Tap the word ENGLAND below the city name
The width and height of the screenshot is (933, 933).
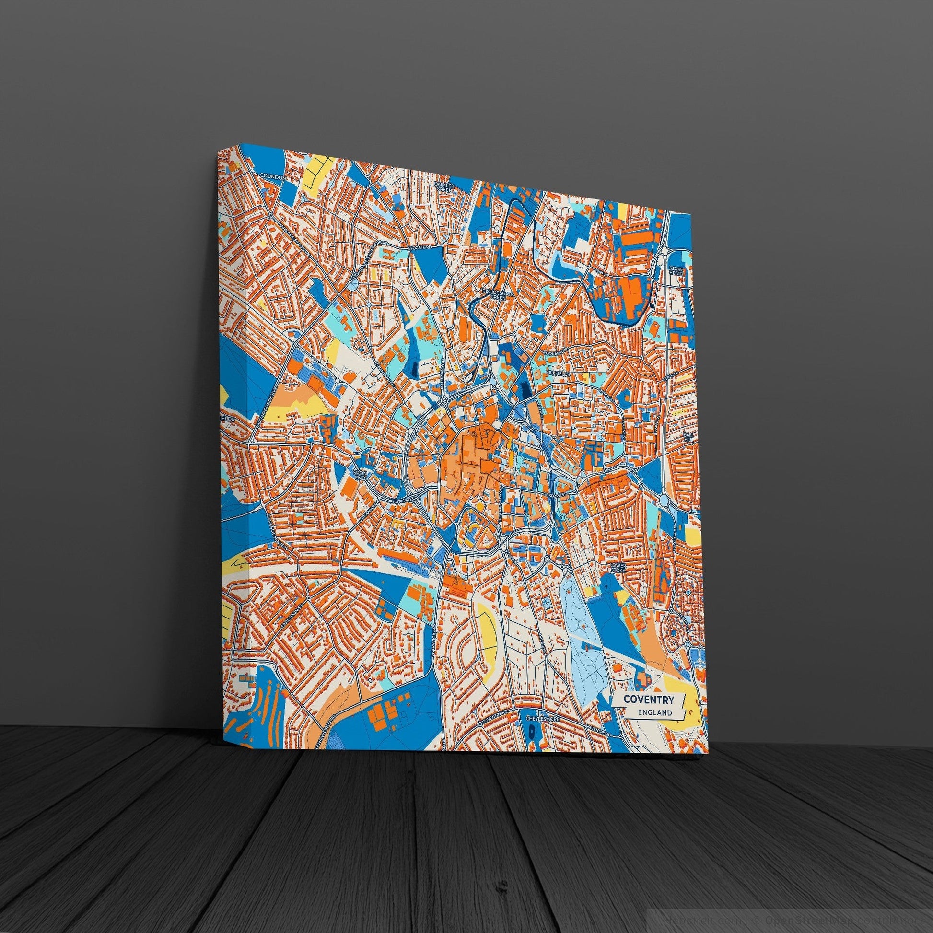pyautogui.click(x=654, y=713)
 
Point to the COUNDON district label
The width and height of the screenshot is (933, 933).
pyautogui.click(x=273, y=176)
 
